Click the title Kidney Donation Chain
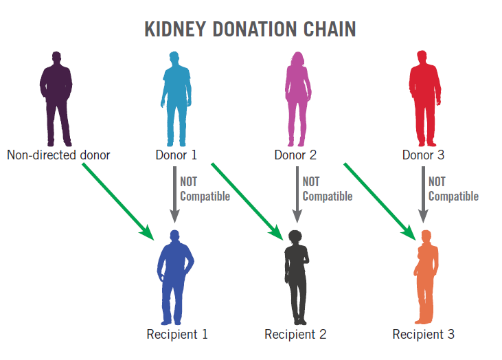tap(250, 30)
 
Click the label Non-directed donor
tap(58, 155)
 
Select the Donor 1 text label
tap(176, 155)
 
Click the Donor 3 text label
tap(423, 155)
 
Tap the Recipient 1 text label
tap(176, 335)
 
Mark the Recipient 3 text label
tap(423, 335)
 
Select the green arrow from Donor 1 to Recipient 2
tap(248, 201)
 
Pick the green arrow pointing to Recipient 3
tap(380, 201)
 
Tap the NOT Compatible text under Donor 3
tap(453, 189)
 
